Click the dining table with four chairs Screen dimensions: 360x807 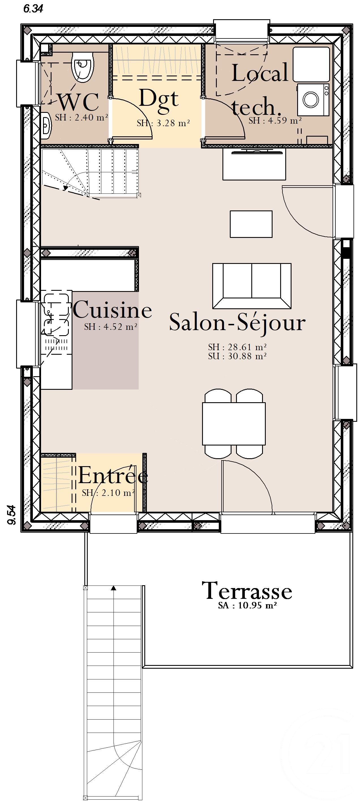coord(234,423)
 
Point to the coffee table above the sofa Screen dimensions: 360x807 coord(251,224)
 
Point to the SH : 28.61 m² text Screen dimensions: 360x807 coord(237,347)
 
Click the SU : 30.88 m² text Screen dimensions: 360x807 coord(237,356)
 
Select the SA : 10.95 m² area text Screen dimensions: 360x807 coord(247,605)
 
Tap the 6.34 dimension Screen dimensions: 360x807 coord(33,9)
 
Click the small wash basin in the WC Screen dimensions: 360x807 coord(46,126)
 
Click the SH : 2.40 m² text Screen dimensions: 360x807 coord(82,117)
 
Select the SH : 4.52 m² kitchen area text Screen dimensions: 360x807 coord(111,327)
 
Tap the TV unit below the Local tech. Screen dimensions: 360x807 coord(254,164)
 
